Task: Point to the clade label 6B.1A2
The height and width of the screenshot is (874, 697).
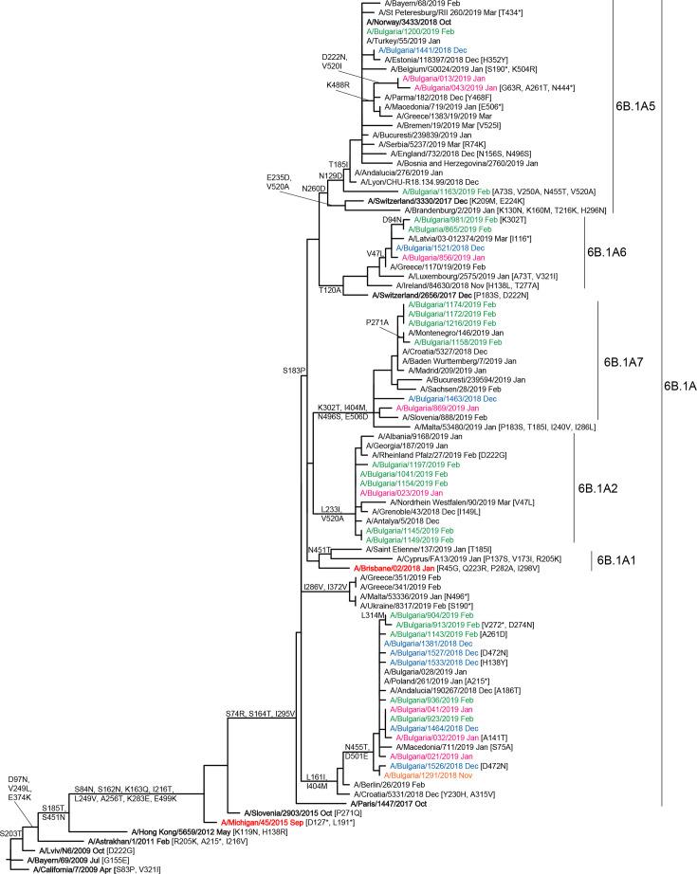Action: (605, 489)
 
